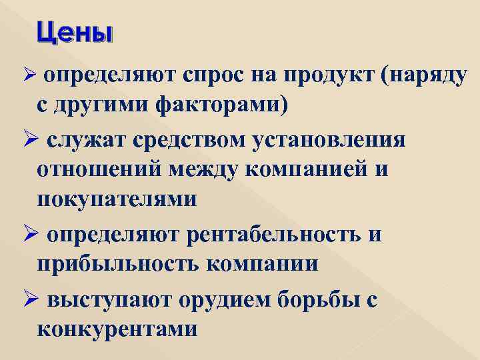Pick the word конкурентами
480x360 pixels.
pos(117,329)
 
